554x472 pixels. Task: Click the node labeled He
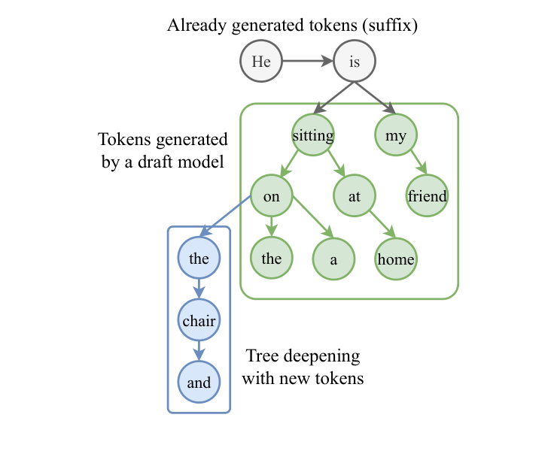point(261,62)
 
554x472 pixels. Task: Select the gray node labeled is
point(355,62)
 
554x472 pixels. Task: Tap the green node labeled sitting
point(313,135)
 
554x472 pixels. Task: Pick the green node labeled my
point(396,135)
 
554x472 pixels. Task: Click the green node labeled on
point(271,196)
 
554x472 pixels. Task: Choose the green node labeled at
point(355,196)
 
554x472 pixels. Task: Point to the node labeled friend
point(428,196)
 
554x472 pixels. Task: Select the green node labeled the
point(271,259)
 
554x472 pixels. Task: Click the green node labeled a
point(333,259)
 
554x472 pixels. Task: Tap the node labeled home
point(396,259)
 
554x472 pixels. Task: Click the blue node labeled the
point(199,259)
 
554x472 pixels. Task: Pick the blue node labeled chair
point(199,321)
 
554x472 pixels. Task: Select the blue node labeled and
point(199,383)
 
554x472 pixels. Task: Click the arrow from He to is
point(307,62)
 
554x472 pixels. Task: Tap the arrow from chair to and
point(199,352)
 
